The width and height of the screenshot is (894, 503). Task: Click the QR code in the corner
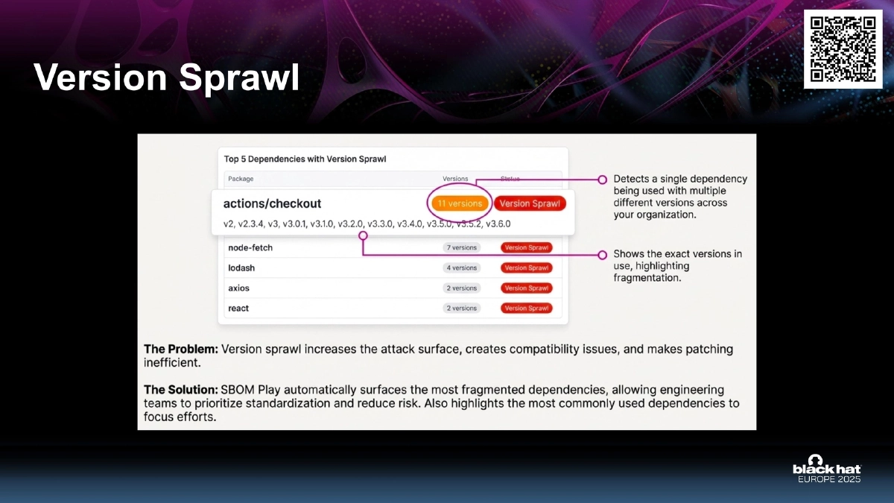tap(843, 49)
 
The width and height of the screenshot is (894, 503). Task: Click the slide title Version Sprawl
tap(166, 78)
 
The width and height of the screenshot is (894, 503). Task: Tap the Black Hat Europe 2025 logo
tap(826, 469)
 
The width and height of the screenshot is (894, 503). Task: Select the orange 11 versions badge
tap(460, 203)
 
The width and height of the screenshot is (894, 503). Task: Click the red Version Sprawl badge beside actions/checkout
tap(529, 203)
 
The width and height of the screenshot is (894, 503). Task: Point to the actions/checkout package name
tap(272, 203)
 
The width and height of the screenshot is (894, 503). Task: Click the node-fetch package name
tap(251, 247)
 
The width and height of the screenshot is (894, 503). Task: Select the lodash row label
tap(241, 268)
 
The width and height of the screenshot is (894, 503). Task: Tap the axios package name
tap(239, 288)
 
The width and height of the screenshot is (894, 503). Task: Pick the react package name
tap(238, 308)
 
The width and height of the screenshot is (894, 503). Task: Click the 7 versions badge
tap(461, 247)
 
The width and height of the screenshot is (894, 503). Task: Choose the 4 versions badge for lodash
tap(461, 268)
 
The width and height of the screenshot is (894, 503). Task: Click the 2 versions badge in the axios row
tap(461, 288)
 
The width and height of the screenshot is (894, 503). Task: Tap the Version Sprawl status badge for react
tap(527, 308)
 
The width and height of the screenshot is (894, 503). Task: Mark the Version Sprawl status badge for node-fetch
tap(527, 247)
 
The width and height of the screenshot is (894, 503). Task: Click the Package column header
tap(241, 179)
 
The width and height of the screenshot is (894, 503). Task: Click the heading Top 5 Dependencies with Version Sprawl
tap(305, 159)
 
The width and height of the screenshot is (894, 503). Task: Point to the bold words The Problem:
tap(180, 349)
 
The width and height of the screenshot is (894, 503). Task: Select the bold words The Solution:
tap(180, 390)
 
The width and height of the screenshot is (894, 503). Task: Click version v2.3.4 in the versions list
tap(250, 224)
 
